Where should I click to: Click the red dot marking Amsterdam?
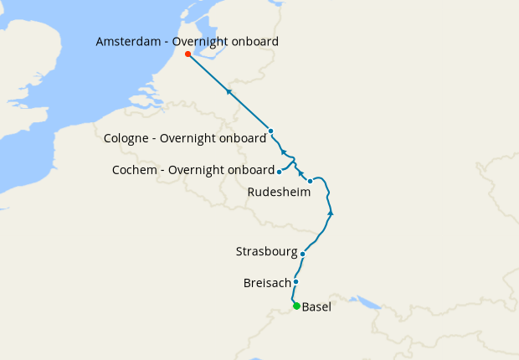coord(188,54)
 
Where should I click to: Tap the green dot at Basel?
coord(296,306)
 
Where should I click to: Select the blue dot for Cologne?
coord(270,131)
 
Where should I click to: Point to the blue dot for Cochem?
coord(279,171)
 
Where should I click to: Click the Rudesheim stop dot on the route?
coord(310,181)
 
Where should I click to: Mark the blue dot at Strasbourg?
coord(302,253)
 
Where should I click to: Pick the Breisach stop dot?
coord(295,282)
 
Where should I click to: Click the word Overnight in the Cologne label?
coord(192,138)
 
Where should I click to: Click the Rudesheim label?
coord(279,192)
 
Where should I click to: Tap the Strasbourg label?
coord(266,251)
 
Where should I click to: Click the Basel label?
coord(316,307)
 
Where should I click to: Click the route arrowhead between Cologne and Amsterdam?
coord(228,90)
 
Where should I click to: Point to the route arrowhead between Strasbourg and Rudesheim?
coord(331,213)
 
